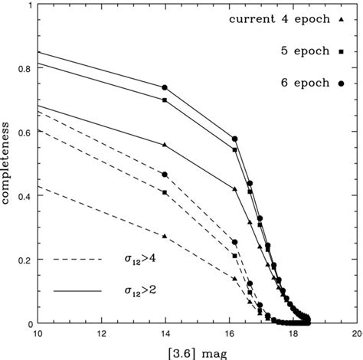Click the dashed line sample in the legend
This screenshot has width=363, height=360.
tap(77, 259)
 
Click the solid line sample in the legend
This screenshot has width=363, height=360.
tap(77, 291)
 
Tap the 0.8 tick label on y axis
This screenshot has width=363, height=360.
tap(22, 68)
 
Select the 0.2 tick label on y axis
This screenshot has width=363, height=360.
tap(22, 260)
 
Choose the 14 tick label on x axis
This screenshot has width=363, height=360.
tap(164, 335)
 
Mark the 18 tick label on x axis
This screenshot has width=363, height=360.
tap(292, 335)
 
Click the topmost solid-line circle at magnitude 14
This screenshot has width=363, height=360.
tap(164, 87)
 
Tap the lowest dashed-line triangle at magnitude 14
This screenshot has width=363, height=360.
tap(164, 236)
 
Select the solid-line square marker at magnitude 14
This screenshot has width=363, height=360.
tap(164, 100)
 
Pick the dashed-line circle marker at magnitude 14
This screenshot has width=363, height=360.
tap(164, 175)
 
